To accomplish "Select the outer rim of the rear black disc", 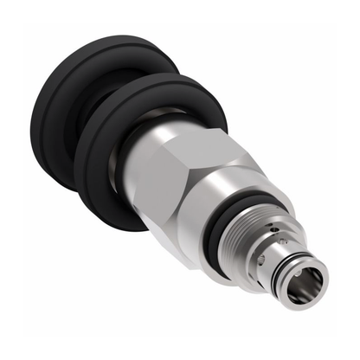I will point(35,130).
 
